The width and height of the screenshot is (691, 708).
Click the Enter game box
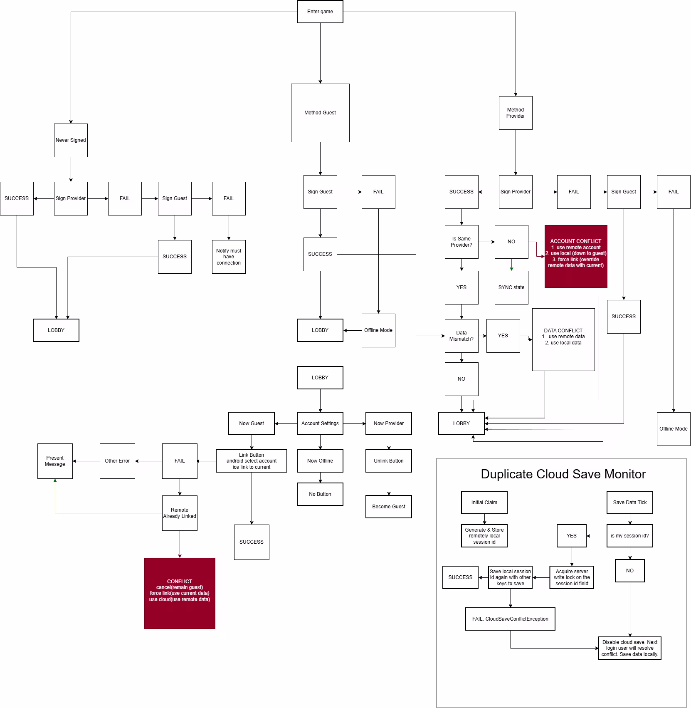(320, 12)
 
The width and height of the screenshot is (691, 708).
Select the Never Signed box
(71, 140)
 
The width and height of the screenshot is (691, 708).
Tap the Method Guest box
(320, 113)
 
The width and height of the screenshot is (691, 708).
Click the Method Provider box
(516, 113)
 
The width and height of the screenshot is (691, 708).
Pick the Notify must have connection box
(229, 257)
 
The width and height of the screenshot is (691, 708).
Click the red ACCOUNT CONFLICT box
(576, 256)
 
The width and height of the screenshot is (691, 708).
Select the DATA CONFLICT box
(563, 339)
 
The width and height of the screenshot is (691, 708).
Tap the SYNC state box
(511, 287)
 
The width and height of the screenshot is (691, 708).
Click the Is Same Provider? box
(461, 242)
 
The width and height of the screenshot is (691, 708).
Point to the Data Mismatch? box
(461, 336)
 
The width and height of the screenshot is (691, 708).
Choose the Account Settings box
(320, 423)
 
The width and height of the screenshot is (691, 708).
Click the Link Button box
(252, 461)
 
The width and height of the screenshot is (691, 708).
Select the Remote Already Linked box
(180, 513)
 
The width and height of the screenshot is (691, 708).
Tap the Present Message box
(55, 461)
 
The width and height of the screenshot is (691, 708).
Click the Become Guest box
(389, 507)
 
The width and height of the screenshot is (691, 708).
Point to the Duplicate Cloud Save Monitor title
(563, 474)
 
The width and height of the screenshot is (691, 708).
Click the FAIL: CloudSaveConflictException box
(510, 619)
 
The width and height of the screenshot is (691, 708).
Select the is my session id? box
(629, 536)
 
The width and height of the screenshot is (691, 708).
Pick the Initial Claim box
(484, 503)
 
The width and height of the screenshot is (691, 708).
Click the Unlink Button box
(389, 461)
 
